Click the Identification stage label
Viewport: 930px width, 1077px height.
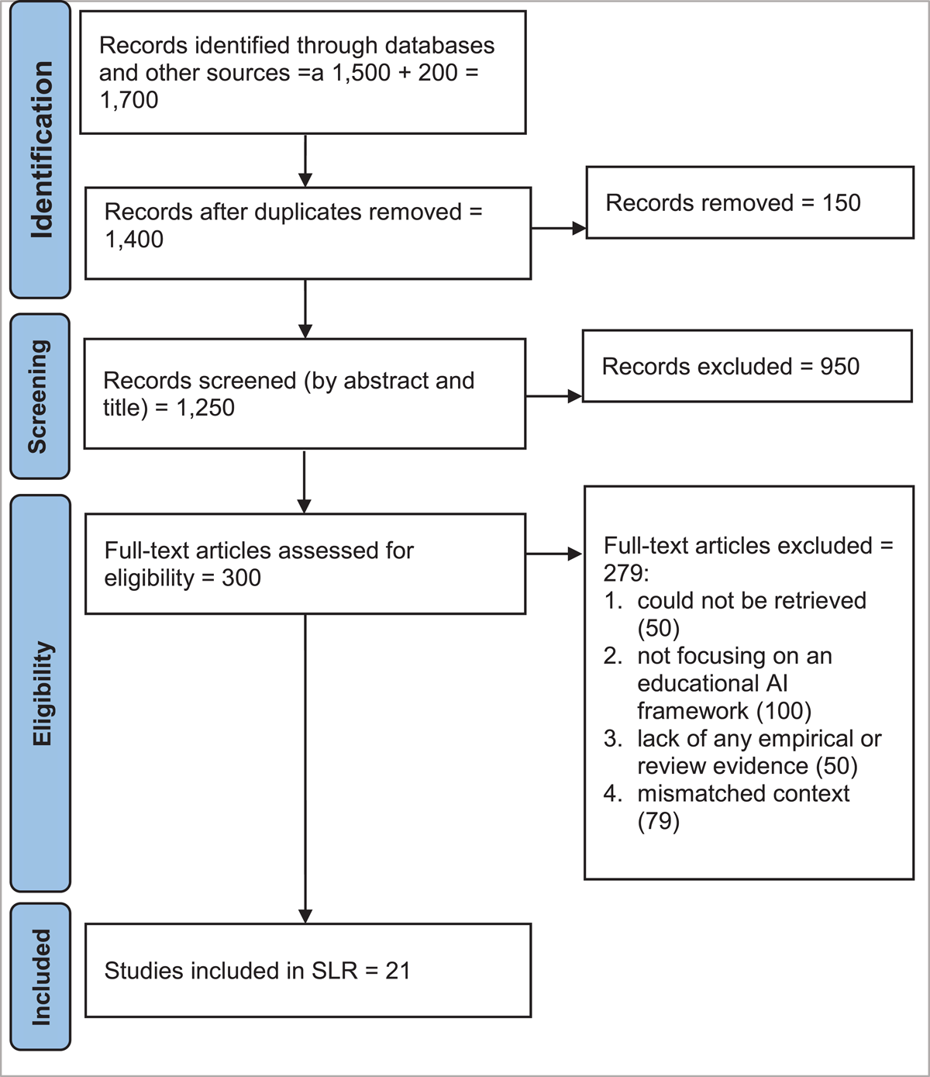(x=42, y=150)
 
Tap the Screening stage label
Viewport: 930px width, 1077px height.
(x=39, y=396)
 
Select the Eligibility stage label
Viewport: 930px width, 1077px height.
(x=42, y=693)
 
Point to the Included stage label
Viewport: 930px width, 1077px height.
(x=41, y=978)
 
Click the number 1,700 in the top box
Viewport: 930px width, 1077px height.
(x=129, y=100)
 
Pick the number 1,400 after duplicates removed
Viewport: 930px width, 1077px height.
(x=134, y=240)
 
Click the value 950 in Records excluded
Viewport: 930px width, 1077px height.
(x=839, y=366)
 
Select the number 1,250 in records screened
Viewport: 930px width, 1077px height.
(x=205, y=407)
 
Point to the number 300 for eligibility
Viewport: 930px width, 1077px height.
(x=241, y=578)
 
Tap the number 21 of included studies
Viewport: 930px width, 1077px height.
(x=398, y=971)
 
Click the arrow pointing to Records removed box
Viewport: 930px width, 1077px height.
(x=559, y=228)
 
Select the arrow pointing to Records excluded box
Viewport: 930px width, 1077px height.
(x=554, y=396)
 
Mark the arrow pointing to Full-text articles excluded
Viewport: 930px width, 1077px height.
(x=554, y=554)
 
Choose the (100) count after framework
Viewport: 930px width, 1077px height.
(x=784, y=711)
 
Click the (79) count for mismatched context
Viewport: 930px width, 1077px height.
(x=659, y=821)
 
